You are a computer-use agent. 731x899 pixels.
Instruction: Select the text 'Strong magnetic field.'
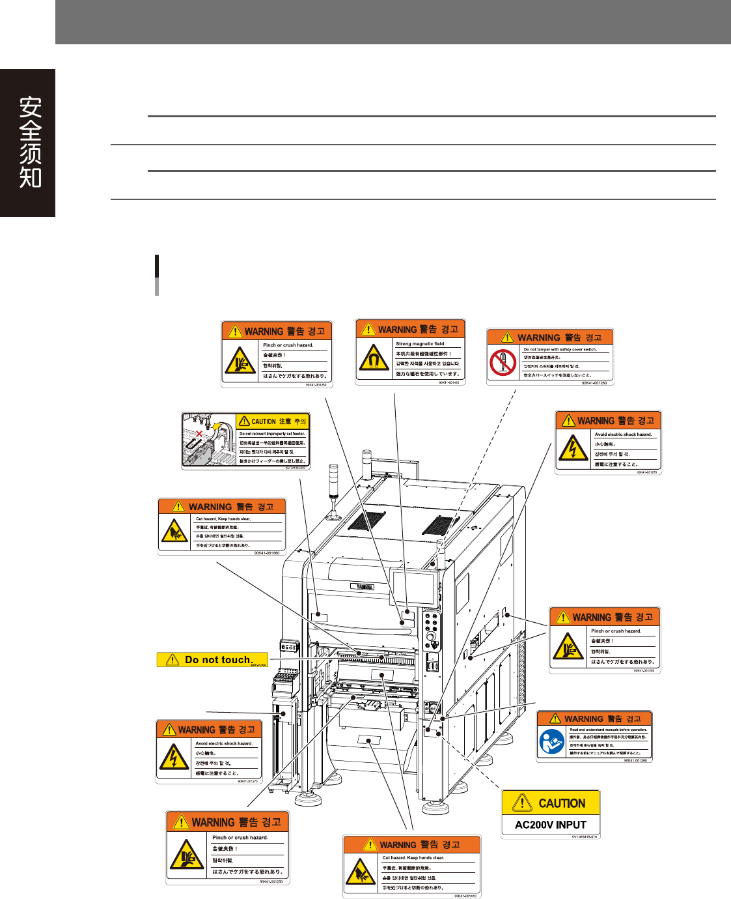[x=421, y=344]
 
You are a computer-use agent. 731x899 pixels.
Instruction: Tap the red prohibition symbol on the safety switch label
[x=503, y=362]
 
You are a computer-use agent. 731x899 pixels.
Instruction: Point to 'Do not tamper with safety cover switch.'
[x=560, y=350]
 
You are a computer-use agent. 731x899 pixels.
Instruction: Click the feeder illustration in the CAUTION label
[x=208, y=440]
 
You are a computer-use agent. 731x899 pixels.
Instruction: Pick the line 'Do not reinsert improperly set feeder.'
[x=272, y=434]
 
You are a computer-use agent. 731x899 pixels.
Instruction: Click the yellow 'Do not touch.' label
[x=212, y=660]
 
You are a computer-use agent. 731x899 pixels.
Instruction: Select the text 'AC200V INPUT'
[x=551, y=825]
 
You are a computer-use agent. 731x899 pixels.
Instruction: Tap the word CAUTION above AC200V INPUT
[x=562, y=804]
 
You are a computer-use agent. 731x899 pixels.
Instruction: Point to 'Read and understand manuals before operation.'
[x=608, y=730]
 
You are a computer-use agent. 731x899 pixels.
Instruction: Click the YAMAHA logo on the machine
[x=364, y=587]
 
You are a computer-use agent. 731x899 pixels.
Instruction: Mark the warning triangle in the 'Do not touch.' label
[x=172, y=660]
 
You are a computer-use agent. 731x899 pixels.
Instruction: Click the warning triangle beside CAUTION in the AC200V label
[x=522, y=803]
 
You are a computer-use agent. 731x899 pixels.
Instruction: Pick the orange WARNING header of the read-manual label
[x=594, y=719]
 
